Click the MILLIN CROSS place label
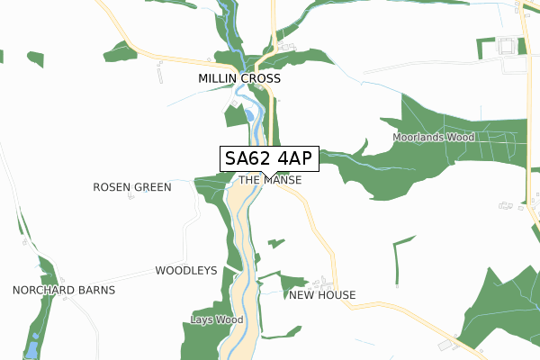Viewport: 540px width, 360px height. (x=239, y=79)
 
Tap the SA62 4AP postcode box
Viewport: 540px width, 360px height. (x=267, y=158)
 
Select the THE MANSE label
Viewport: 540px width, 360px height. (x=270, y=181)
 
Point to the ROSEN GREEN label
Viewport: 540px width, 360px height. (x=132, y=187)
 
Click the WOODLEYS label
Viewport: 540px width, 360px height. (x=186, y=270)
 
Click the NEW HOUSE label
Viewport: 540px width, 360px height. (x=322, y=295)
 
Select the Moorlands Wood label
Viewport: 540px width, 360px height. (x=433, y=138)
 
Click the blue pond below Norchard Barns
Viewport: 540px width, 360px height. (x=33, y=347)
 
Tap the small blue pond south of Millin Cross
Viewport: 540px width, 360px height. (x=247, y=114)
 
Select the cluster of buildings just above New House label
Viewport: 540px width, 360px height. (x=311, y=281)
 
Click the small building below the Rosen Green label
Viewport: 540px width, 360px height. (x=130, y=197)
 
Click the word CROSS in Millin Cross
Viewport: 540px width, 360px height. (x=260, y=79)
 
